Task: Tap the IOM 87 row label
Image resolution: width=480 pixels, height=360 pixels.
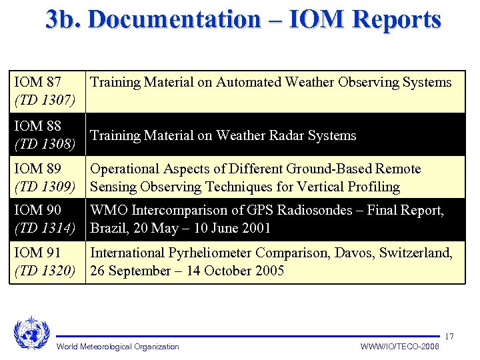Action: [x=38, y=83]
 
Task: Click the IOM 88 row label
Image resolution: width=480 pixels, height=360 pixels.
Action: [x=38, y=126]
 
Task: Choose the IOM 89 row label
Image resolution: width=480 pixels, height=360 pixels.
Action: [x=38, y=169]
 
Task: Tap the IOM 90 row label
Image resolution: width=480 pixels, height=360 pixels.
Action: [x=38, y=211]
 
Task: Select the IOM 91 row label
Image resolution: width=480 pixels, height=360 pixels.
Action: [x=38, y=253]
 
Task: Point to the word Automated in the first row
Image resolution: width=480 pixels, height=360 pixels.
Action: [x=251, y=83]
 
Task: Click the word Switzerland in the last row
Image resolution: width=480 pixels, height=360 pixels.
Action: [x=414, y=253]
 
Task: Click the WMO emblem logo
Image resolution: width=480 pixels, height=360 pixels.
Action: [x=31, y=333]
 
